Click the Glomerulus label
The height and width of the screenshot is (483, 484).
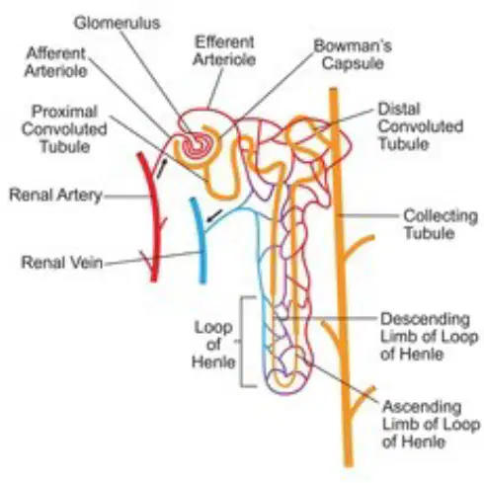[x=117, y=23]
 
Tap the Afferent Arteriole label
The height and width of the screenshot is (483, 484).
[x=56, y=62]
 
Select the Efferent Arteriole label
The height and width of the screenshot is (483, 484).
[x=224, y=51]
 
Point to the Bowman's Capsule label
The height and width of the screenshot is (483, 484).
[x=353, y=54]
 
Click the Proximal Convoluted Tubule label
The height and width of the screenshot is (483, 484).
[x=64, y=129]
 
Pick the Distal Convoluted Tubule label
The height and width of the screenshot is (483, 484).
[x=421, y=126]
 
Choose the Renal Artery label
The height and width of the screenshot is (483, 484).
[x=55, y=195]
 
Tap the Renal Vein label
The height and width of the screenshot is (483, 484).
[x=62, y=263]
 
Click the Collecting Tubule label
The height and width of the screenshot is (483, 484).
[x=441, y=224]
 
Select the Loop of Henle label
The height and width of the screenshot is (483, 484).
[x=213, y=345]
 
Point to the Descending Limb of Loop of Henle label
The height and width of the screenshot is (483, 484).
[x=429, y=337]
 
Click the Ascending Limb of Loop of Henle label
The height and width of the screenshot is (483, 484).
[x=431, y=424]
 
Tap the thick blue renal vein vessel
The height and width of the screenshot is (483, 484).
[x=201, y=240]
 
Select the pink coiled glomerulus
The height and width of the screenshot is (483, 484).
[x=196, y=147]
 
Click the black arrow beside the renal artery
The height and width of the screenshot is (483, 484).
[x=162, y=168]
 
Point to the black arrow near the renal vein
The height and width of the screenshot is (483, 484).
[x=214, y=214]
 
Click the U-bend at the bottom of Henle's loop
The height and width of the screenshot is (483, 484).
[x=285, y=381]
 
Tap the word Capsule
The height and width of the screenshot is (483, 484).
[x=353, y=63]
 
